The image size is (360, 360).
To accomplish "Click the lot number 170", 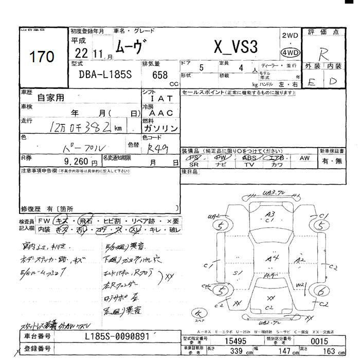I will (x=42, y=57).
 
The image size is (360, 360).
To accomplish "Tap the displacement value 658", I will (x=160, y=74).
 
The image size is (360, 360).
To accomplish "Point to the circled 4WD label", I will (x=290, y=52).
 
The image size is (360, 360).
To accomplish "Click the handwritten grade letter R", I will (x=324, y=55).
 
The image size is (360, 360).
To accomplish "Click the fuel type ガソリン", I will (x=160, y=128).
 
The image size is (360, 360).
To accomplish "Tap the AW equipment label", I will (x=304, y=158).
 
